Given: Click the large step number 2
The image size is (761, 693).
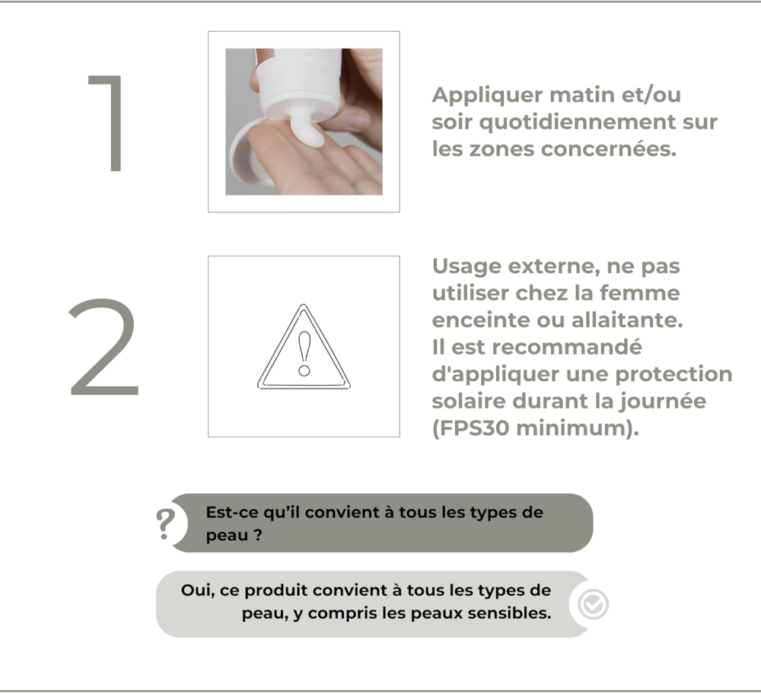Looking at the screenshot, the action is [x=103, y=348].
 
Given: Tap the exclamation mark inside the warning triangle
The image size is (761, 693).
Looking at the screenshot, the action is [x=304, y=353].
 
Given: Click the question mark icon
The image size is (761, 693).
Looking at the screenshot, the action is [x=165, y=524].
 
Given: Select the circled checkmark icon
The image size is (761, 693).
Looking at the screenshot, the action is [x=593, y=605].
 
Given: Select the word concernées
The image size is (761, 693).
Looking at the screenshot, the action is [x=609, y=149].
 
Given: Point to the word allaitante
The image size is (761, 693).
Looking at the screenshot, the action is [x=627, y=320].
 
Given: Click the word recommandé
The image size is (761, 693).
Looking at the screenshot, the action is [x=568, y=348].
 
